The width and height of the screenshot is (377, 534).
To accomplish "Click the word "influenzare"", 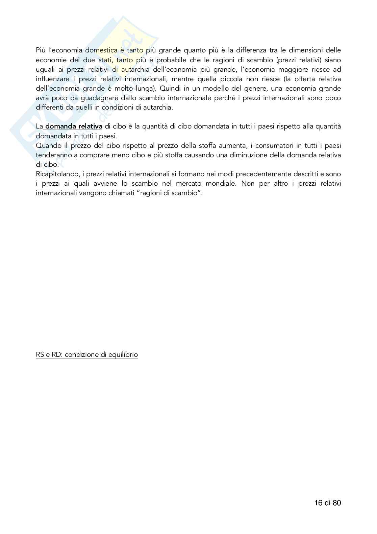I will [53, 79].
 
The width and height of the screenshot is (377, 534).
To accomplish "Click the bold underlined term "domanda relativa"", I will [74, 126].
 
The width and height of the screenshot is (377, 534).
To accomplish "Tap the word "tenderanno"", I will [53, 155].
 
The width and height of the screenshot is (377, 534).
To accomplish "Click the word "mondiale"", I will [219, 184].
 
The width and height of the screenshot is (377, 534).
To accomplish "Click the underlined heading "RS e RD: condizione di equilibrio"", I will [87, 354].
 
